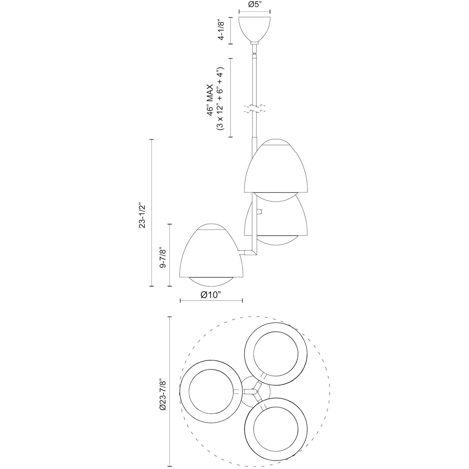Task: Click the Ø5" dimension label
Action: (254, 5)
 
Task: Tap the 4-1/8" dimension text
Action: (221, 29)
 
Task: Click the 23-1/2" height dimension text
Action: (142, 213)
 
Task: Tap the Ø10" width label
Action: (211, 295)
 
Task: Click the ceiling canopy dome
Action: (254, 29)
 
